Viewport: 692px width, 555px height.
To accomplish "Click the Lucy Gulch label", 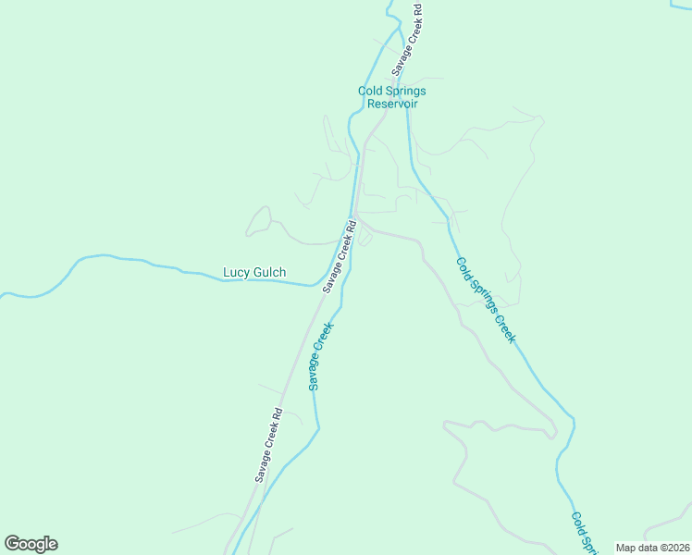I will point(254,273).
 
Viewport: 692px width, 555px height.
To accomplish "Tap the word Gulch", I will point(269,273).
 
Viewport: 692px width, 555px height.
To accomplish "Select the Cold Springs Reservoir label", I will point(391,97).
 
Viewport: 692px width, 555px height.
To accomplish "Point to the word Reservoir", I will point(392,104).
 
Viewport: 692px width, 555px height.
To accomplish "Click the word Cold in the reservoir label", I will point(371,91).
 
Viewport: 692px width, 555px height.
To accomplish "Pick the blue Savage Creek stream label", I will point(321,356).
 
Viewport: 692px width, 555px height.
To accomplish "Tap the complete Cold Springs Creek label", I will point(485,300).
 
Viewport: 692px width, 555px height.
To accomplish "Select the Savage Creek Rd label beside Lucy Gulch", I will point(340,256).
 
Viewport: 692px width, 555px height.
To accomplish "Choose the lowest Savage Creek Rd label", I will point(268,446).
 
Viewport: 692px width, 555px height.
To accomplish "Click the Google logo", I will point(31,544).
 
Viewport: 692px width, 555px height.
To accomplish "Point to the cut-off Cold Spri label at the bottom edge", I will point(583,534).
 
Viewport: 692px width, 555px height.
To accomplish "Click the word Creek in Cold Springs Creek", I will point(502,327).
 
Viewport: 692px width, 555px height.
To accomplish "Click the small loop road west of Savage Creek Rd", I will point(259,222).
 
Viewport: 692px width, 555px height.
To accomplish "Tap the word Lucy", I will point(237,273).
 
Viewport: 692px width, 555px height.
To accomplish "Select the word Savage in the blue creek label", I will point(316,372).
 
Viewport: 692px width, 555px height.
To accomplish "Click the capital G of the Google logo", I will point(12,544).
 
